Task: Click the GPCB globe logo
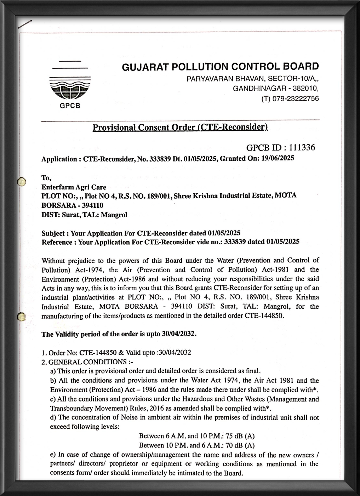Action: pyautogui.click(x=70, y=89)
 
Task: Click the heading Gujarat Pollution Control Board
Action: pyautogui.click(x=220, y=67)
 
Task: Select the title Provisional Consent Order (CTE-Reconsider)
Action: pyautogui.click(x=180, y=127)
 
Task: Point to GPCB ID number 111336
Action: pyautogui.click(x=302, y=148)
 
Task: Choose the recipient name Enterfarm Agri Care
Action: pyautogui.click(x=74, y=187)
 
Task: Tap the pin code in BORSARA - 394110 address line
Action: pyautogui.click(x=94, y=205)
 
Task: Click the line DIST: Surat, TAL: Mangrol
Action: pyautogui.click(x=84, y=215)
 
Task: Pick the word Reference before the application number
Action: pyautogui.click(x=57, y=242)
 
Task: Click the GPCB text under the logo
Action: pyautogui.click(x=70, y=106)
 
